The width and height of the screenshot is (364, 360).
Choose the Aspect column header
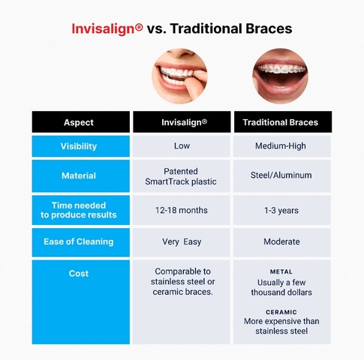[x=79, y=122]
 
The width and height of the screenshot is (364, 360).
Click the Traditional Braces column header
[x=281, y=122]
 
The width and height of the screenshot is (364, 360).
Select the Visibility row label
[x=79, y=146]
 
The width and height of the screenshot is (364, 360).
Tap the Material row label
[x=79, y=175]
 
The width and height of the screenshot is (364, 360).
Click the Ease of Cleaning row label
[x=79, y=241]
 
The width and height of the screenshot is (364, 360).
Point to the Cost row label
[x=79, y=274]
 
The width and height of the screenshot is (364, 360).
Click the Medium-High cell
[x=281, y=146]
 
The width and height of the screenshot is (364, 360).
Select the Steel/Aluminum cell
[x=281, y=175]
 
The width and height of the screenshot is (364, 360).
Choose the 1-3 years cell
[x=281, y=210]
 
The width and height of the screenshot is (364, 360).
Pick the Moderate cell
[x=281, y=241]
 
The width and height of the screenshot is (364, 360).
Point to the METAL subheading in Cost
[x=281, y=271]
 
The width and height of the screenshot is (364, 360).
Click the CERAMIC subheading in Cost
[x=281, y=310]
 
